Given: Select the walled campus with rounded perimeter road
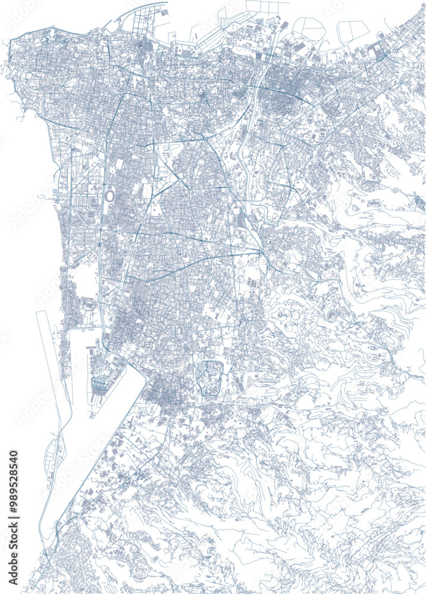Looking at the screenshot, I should [209, 378].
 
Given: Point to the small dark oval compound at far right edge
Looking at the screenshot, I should [419, 203].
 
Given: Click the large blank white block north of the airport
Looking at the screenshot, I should [86, 282].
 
